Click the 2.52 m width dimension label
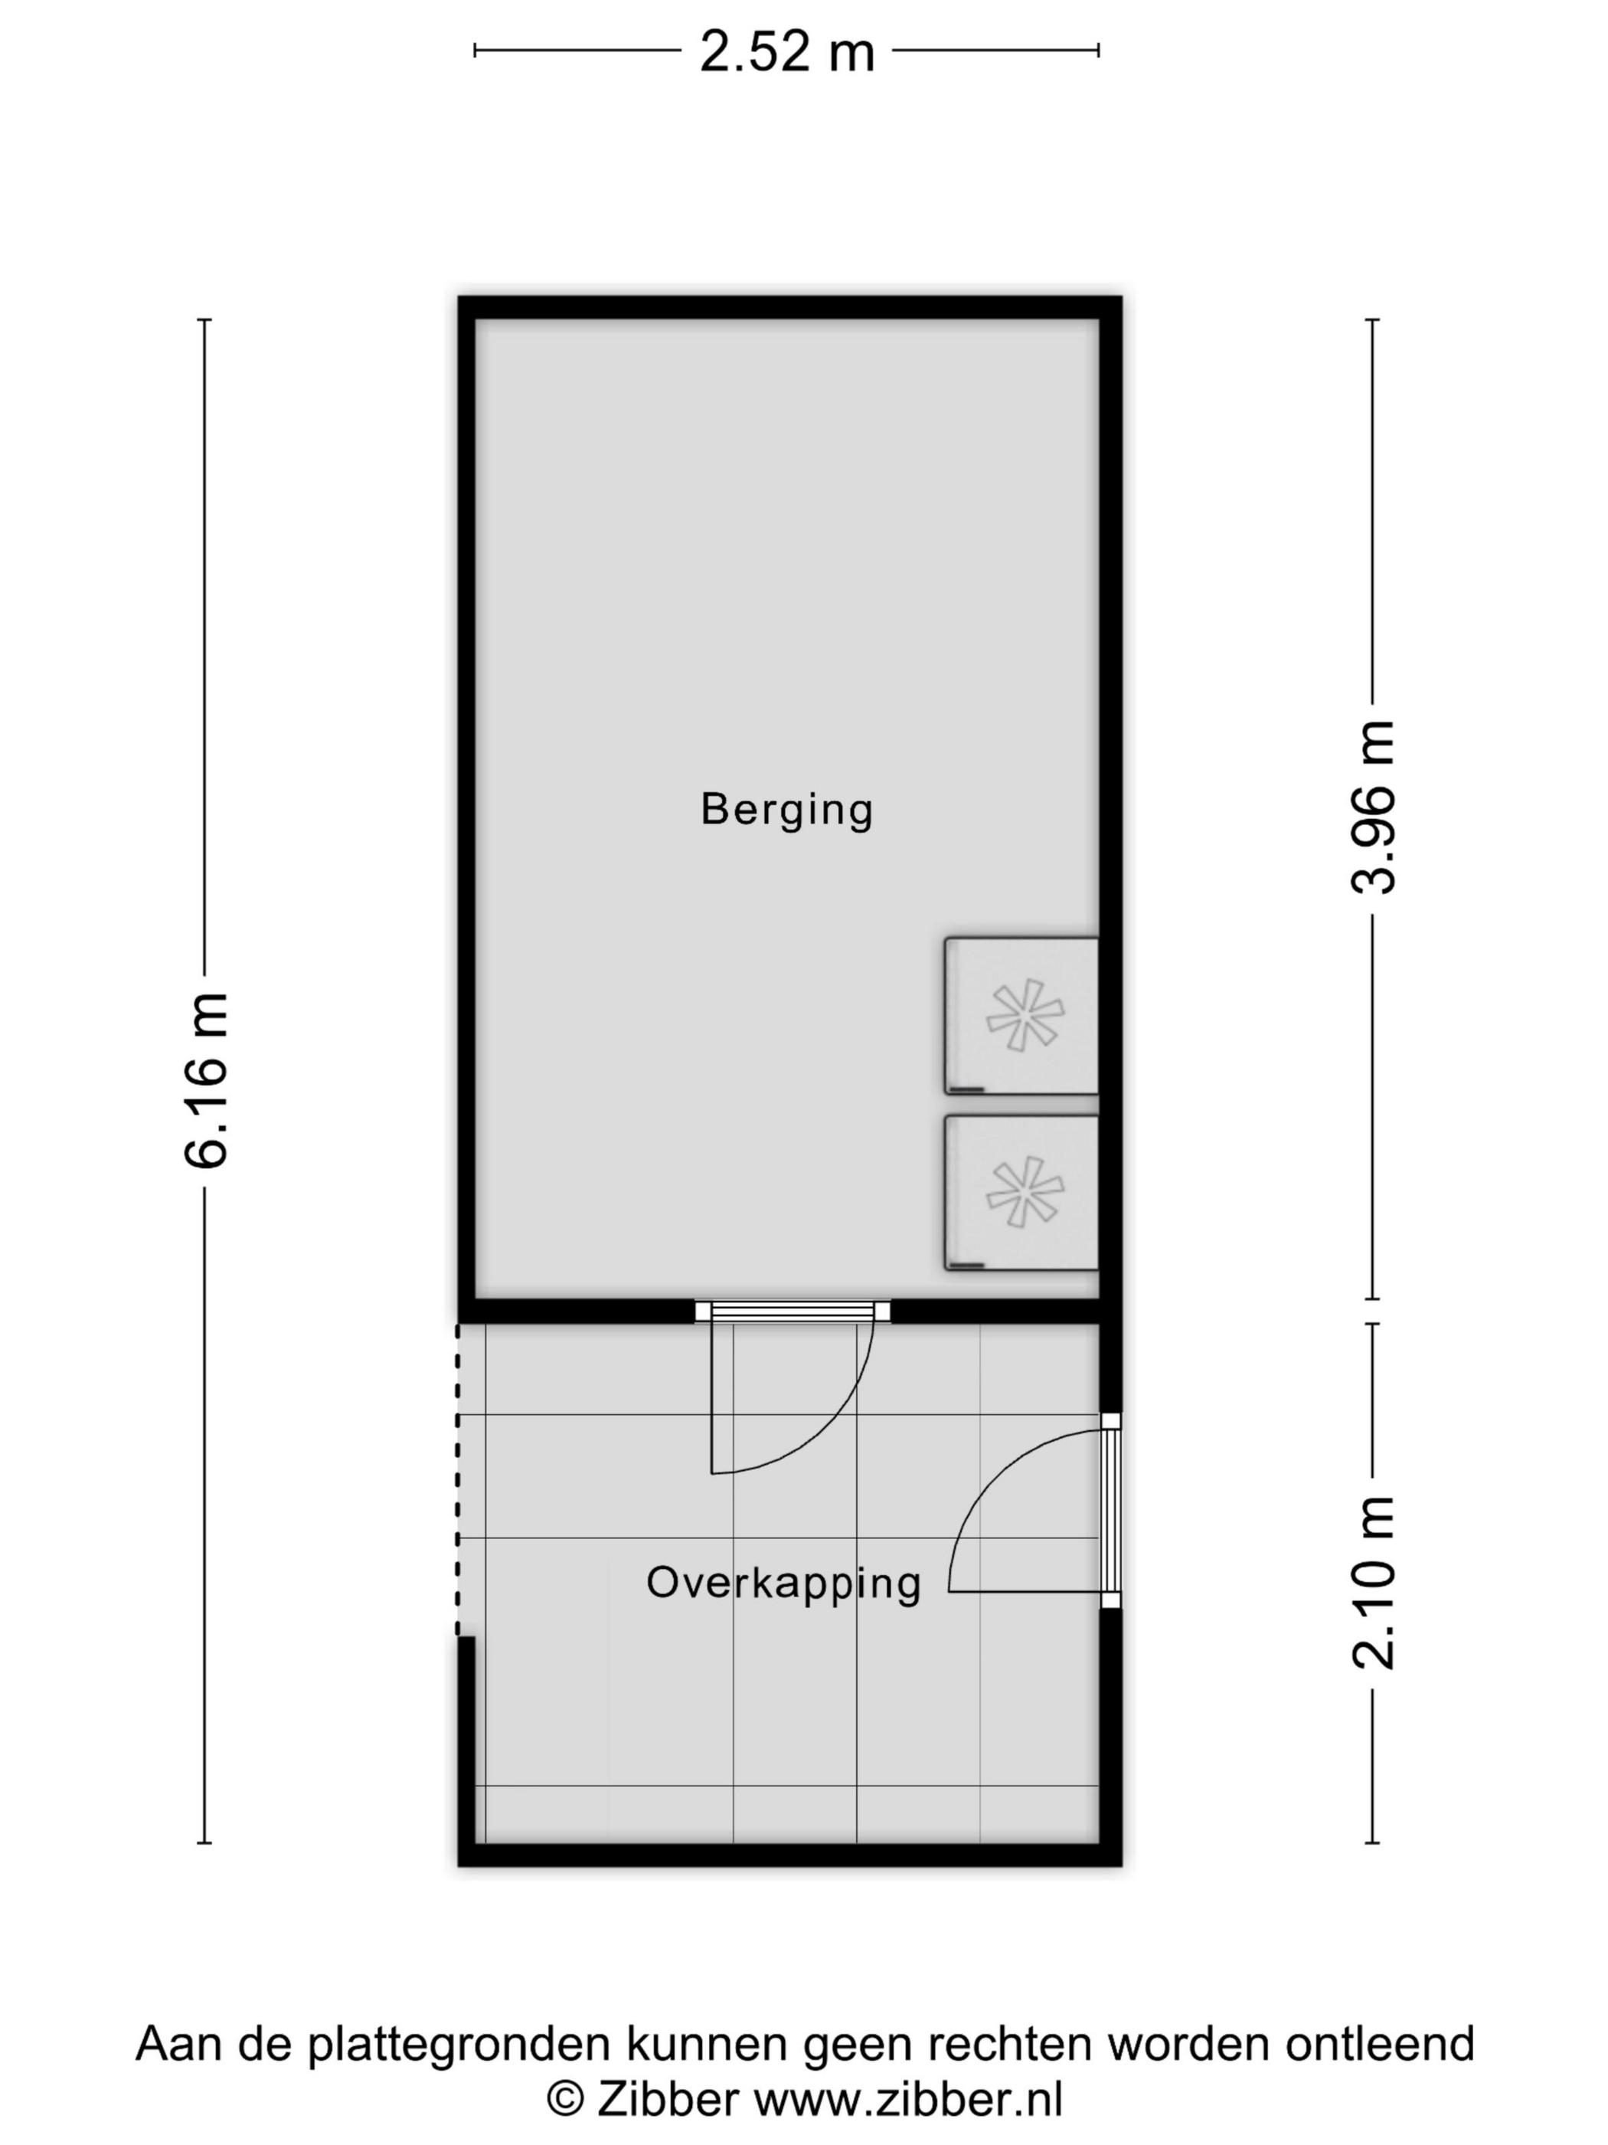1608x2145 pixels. click(786, 51)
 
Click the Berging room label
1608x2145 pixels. click(786, 810)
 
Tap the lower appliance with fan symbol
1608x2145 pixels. click(1021, 1193)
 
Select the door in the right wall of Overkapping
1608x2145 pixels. click(1033, 1511)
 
